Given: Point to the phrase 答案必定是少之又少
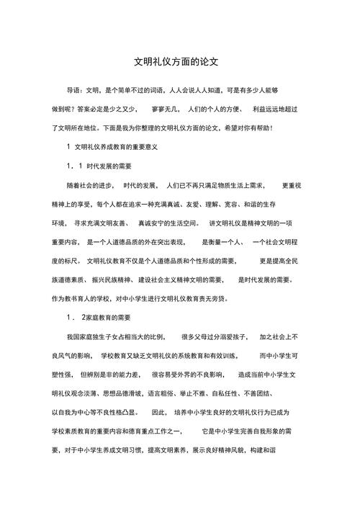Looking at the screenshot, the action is tap(105, 109).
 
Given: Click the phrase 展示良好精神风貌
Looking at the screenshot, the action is tap(215, 449).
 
